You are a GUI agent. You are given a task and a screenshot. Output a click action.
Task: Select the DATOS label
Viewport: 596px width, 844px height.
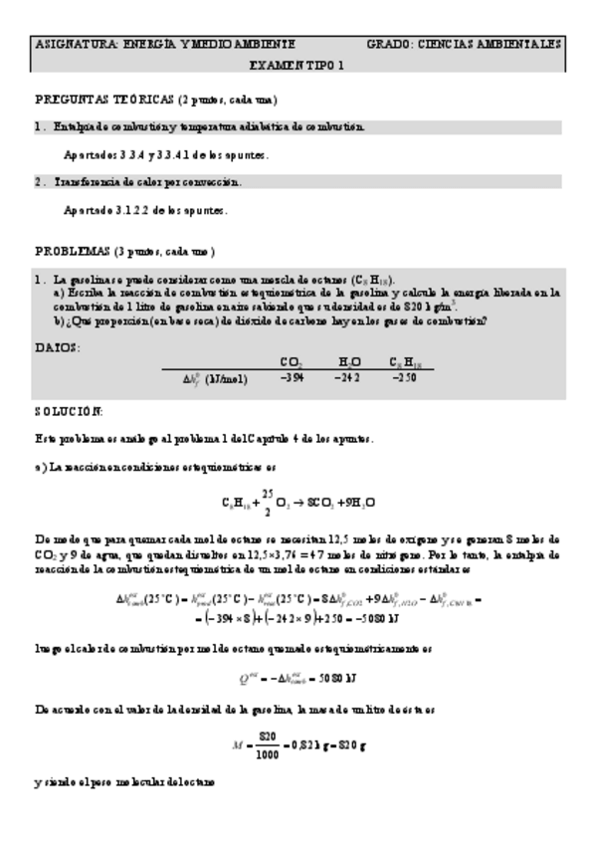[x=58, y=346]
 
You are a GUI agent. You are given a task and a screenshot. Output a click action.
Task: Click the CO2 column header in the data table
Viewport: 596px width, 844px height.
[x=292, y=362]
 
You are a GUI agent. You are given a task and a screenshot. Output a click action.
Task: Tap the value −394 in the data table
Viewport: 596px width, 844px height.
[x=292, y=378]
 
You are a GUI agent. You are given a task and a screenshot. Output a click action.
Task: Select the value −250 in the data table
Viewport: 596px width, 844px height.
[x=405, y=378]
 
